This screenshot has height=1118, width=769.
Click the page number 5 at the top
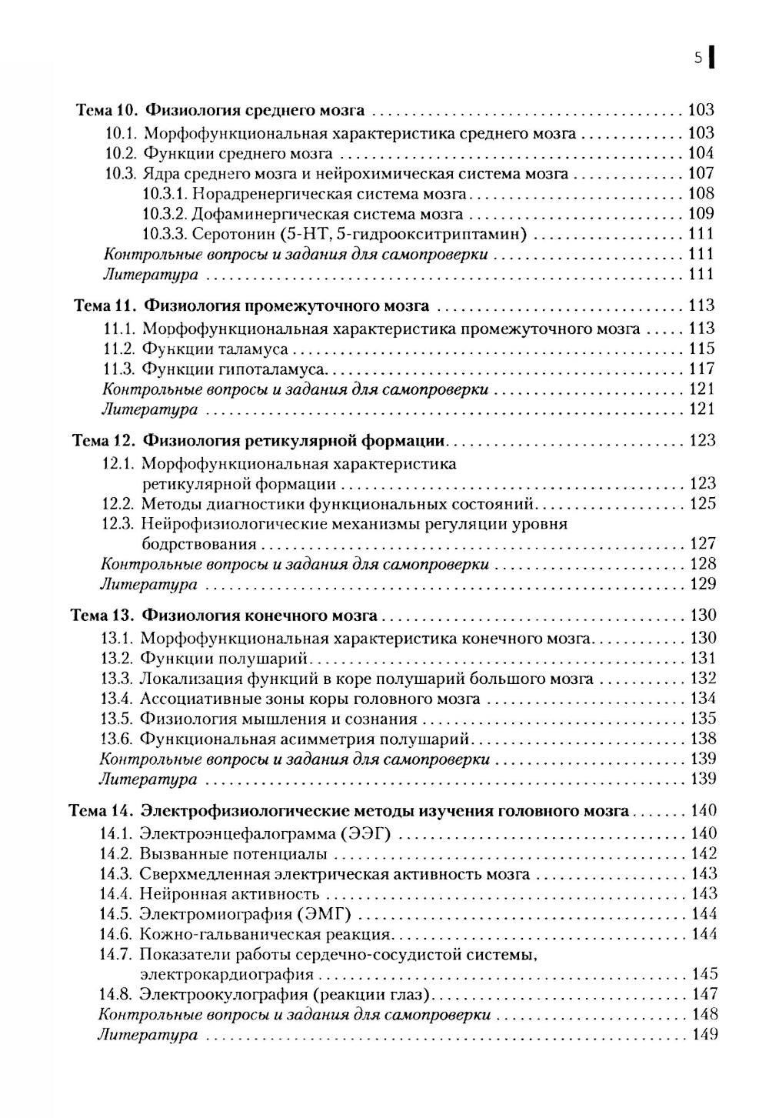697,58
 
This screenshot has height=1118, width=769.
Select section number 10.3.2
165,214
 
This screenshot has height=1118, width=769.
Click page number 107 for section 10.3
701,174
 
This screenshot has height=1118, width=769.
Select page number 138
703,739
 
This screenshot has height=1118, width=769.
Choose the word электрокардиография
226,975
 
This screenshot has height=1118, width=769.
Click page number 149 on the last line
704,1035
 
